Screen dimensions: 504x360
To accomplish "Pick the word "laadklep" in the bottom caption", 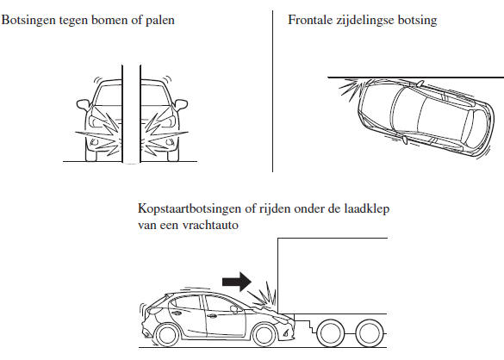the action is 366,209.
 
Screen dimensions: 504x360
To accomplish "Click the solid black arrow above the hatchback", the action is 237,282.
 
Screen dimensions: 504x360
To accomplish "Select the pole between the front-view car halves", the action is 131,114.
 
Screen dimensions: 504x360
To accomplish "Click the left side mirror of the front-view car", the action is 83,104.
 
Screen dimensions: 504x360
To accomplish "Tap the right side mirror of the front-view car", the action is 181,104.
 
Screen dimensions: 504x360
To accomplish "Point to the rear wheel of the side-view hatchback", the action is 166,335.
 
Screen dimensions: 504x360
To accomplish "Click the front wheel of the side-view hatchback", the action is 264,335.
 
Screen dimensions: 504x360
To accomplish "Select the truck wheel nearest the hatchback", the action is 329,333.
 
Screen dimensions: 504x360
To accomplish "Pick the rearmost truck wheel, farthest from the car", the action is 370,333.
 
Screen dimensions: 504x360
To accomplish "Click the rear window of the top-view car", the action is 475,128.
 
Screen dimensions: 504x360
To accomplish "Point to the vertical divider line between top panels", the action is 272,91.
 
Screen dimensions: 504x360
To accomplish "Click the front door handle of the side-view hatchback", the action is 211,316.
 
